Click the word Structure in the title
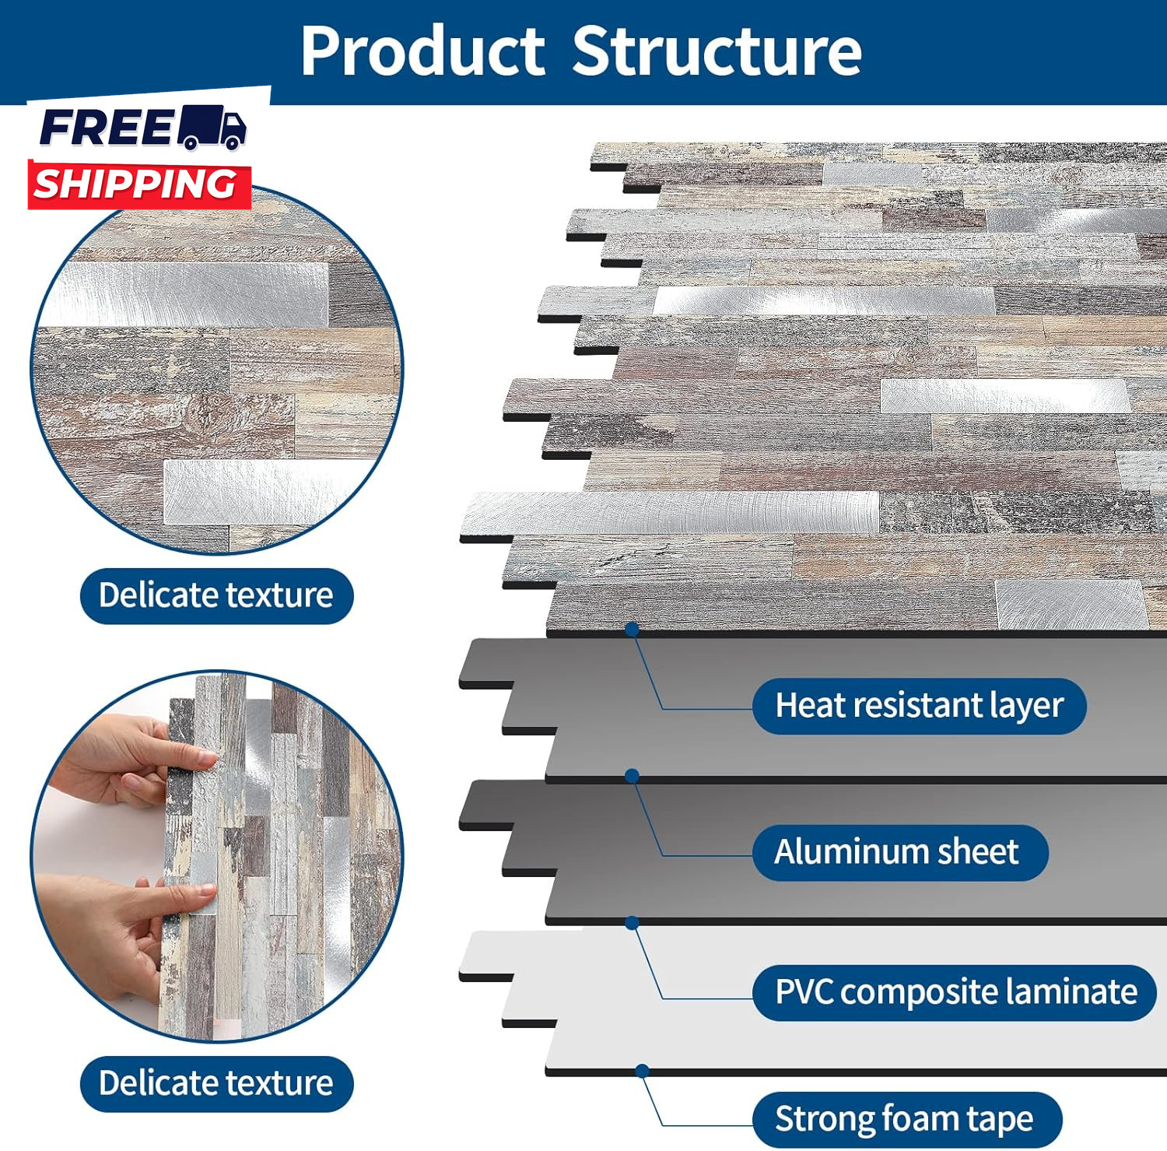pos(717,51)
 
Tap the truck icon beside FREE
pos(212,127)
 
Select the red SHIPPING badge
pos(138,185)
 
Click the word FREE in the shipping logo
pos(107,128)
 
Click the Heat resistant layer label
pos(919,706)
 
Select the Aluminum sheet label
pos(899,852)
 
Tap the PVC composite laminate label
pos(955,992)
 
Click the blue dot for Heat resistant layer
pos(632,629)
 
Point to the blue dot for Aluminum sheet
pos(632,776)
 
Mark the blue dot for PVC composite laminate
pos(632,923)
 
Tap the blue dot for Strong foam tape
pos(642,1071)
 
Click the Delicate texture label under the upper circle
pos(216,596)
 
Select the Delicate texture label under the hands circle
pos(216,1083)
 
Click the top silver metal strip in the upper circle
pos(187,294)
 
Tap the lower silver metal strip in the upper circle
pos(249,490)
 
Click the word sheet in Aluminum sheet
pos(978,852)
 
